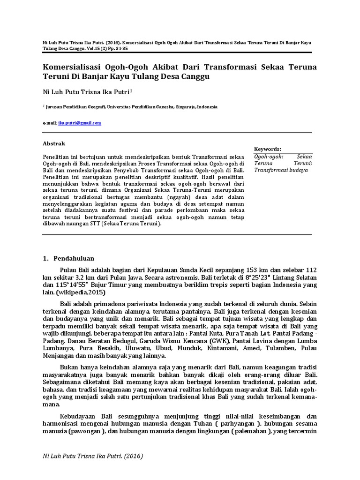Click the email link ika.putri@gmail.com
pyautogui.click(x=80, y=123)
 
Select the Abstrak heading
pyautogui.click(x=54, y=143)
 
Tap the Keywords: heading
pyautogui.click(x=268, y=148)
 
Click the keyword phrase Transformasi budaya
pyautogui.click(x=281, y=170)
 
